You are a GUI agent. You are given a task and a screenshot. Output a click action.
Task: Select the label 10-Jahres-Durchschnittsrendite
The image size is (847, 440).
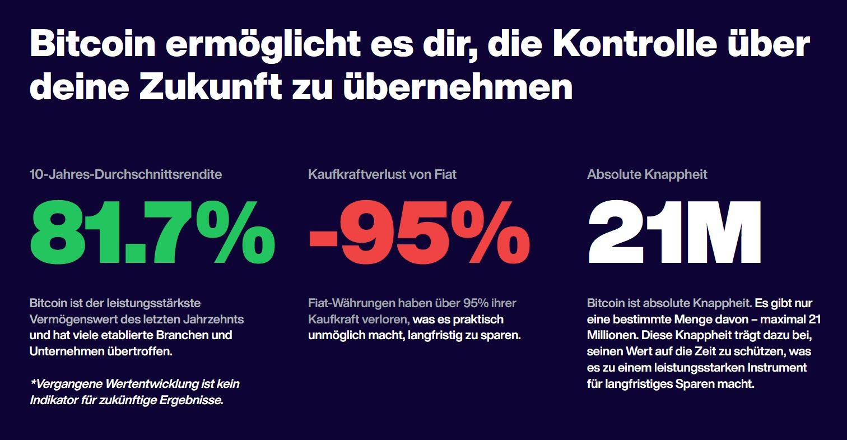[x=125, y=174]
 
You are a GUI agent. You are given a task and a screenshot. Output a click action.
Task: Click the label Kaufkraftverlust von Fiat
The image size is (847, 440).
[x=382, y=174]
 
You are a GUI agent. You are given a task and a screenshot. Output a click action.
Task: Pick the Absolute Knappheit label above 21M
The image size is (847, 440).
[x=647, y=174]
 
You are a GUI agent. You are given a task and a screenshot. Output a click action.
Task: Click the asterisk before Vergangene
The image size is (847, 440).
[x=33, y=383]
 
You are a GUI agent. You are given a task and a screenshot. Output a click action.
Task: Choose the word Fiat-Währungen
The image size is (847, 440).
[x=352, y=303]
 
